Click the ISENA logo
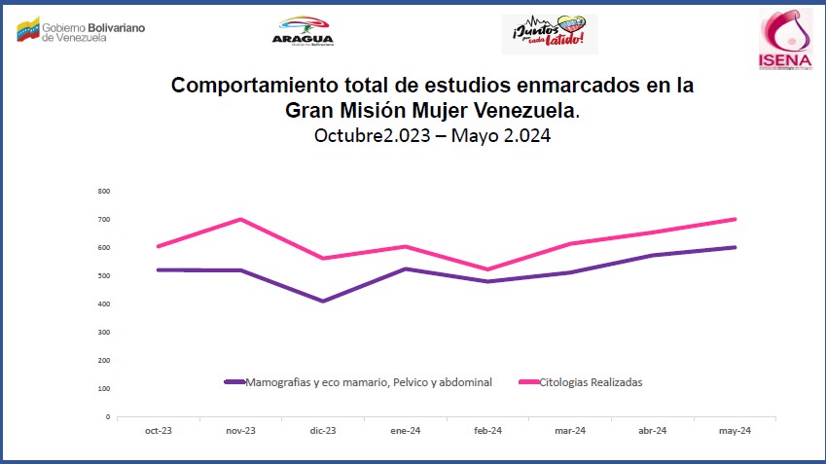point(785,40)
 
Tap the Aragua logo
point(305,30)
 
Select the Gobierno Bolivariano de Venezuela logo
point(81,31)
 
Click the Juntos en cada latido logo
point(549,34)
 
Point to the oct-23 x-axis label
point(158,431)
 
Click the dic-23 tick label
point(323,431)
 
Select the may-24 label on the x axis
point(735,431)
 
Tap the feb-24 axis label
point(487,431)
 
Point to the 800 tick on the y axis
point(104,191)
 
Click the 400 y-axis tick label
point(104,303)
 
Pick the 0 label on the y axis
point(107,416)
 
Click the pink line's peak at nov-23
point(240,219)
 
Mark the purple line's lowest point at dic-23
point(322,301)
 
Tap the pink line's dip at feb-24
point(487,269)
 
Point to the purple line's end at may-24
point(735,247)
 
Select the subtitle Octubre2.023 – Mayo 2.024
point(432,136)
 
